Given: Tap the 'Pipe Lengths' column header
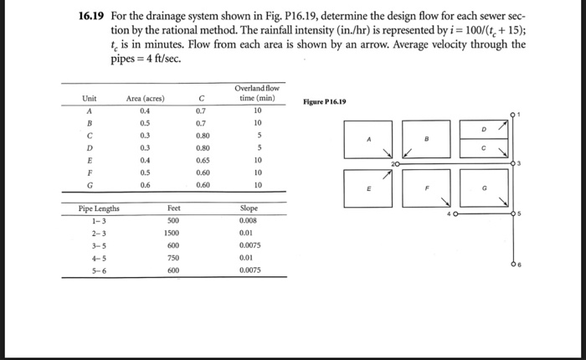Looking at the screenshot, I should coord(99,208).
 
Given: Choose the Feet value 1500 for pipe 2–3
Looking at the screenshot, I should coord(173,233).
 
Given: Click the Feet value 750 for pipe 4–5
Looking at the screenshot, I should coord(173,259).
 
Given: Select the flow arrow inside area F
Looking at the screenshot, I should coord(444,200).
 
